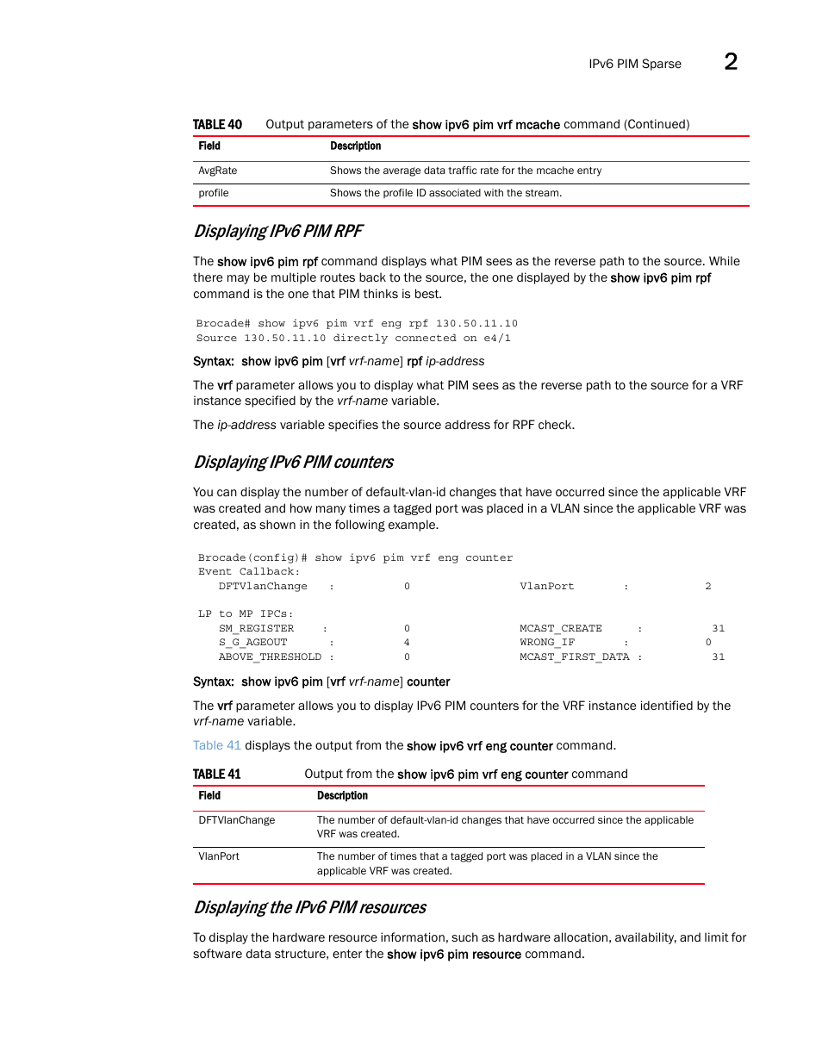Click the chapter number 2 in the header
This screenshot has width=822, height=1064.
(x=730, y=61)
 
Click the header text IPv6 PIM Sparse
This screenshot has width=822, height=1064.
(x=634, y=64)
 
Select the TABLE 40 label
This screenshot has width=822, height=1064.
(x=217, y=124)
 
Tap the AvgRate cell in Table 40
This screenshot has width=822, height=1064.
(x=218, y=171)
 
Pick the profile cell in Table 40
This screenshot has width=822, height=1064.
(x=214, y=193)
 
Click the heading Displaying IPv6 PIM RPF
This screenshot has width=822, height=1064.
(x=277, y=231)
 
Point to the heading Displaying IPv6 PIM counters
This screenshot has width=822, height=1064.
(x=293, y=462)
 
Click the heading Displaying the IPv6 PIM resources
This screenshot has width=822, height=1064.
(x=309, y=907)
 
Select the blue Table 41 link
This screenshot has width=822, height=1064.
(x=216, y=745)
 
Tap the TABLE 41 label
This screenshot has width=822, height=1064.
(x=216, y=774)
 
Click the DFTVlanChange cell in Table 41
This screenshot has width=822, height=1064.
(x=237, y=820)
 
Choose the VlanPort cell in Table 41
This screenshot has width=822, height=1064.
(x=219, y=856)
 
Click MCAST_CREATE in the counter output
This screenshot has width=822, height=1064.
(x=560, y=628)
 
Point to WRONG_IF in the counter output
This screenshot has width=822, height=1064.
(x=546, y=642)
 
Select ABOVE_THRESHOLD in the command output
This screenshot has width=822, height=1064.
(x=270, y=656)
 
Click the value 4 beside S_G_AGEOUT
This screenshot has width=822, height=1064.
(x=407, y=642)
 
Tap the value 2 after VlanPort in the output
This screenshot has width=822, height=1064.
(x=707, y=586)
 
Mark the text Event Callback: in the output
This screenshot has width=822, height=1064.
(x=249, y=571)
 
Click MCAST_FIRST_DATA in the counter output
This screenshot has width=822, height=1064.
(x=574, y=656)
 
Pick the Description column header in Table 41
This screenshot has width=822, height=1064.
(x=342, y=796)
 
